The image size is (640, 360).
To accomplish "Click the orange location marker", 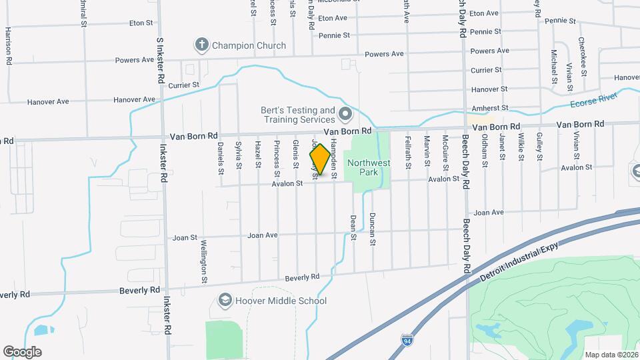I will coord(320,160).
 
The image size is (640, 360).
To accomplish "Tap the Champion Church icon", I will coord(201,45).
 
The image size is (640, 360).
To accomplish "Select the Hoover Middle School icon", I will coord(225,301).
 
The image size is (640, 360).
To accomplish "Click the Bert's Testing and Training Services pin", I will coord(345,115).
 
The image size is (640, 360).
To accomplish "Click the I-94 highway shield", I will coord(407,341).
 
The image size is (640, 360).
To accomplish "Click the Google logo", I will coord(22,351).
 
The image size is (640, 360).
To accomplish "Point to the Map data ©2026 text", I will coord(611,355).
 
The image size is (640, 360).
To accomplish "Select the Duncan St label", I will coord(373,231).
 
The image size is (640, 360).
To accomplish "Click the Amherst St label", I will coord(490,107).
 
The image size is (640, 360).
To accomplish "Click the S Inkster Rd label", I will coord(160,60).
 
